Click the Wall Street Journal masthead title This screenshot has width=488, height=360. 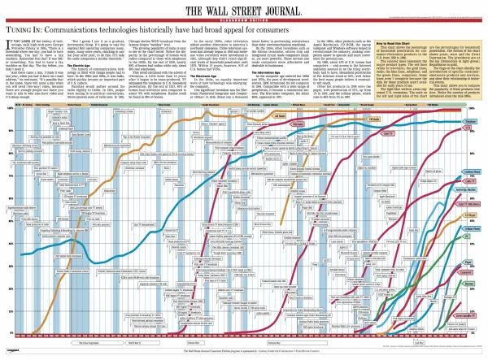click(x=243, y=11)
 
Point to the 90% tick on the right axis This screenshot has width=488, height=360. click(x=473, y=132)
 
